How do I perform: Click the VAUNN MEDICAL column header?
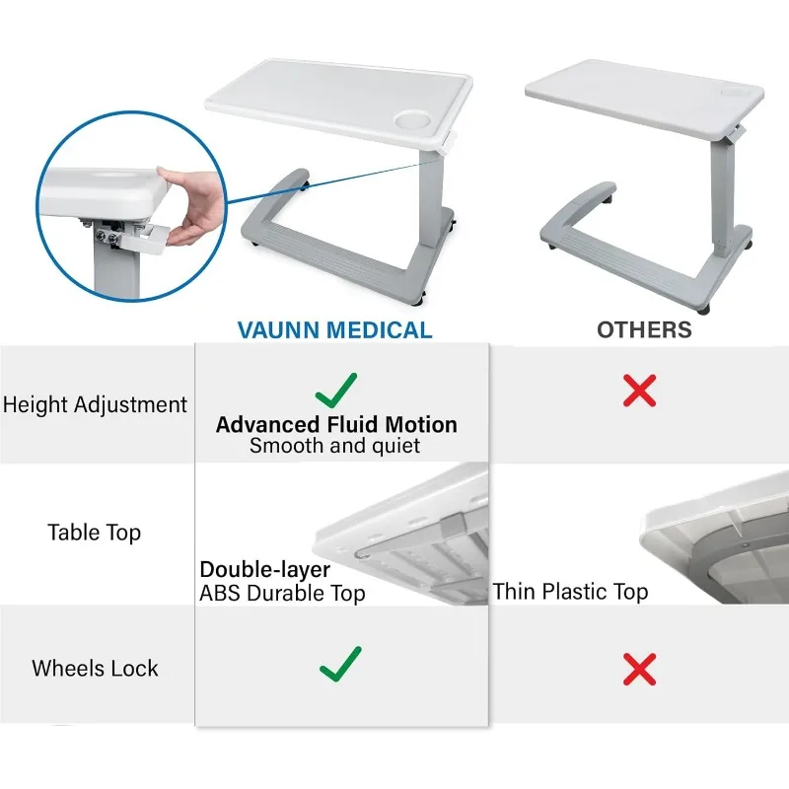(x=335, y=328)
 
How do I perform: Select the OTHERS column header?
(x=644, y=328)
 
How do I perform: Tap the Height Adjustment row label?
(x=95, y=404)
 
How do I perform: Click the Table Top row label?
(x=95, y=533)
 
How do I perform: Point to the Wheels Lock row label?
(x=95, y=668)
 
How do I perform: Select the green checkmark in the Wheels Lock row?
(x=340, y=663)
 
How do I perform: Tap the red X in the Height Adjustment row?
(x=640, y=392)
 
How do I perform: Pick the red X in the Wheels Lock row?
(x=640, y=670)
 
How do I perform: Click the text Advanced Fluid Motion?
(x=336, y=425)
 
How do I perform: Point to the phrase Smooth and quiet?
(x=334, y=447)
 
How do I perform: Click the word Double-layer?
(x=265, y=569)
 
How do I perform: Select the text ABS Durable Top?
(x=283, y=593)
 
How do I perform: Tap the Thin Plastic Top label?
(x=571, y=592)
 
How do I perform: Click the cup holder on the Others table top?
(x=732, y=91)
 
